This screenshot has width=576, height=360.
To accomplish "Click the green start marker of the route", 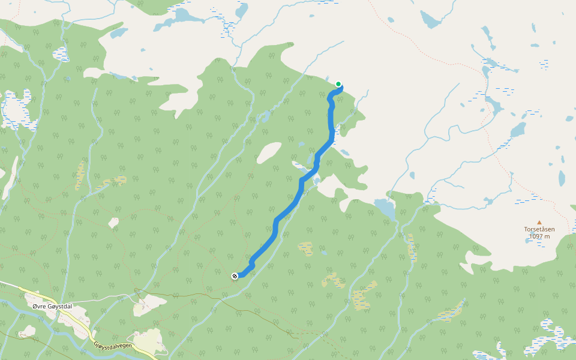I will [339, 84].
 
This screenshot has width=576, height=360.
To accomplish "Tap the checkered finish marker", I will [235, 275].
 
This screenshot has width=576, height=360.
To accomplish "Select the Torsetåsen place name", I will [539, 229].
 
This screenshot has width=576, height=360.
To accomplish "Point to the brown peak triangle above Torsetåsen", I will [539, 221].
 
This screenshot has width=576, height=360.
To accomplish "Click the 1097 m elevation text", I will [539, 236].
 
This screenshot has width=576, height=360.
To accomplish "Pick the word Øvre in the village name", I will [40, 307].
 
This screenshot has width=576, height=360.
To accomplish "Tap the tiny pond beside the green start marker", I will [327, 77].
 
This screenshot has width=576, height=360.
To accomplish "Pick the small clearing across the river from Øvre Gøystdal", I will [27, 332].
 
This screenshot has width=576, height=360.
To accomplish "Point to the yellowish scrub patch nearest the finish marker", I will [305, 248].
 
